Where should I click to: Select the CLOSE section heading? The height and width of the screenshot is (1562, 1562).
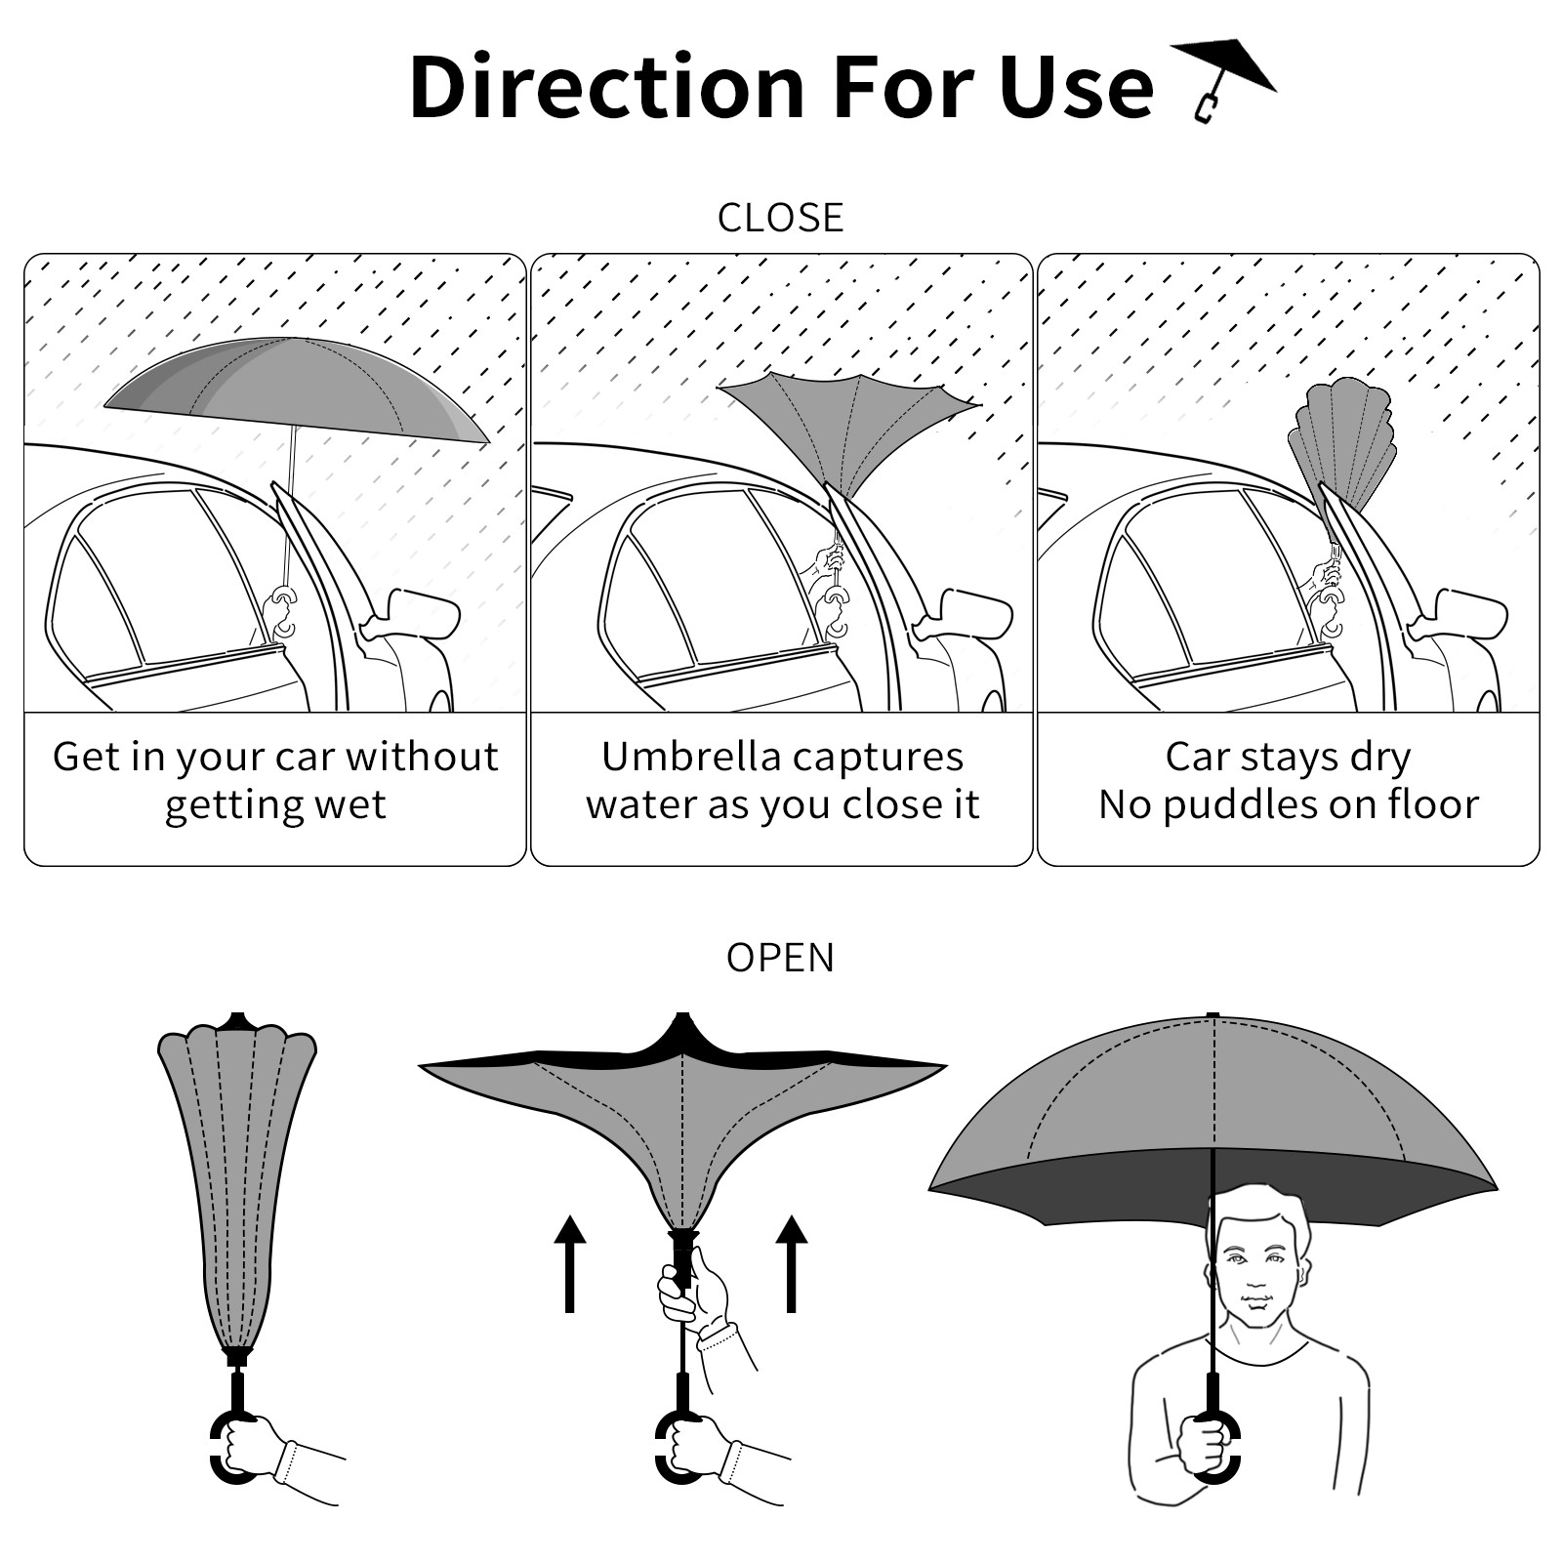[x=780, y=218]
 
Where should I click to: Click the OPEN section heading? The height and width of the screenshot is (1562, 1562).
[x=780, y=958]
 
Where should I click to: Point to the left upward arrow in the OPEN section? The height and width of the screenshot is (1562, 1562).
[x=570, y=1263]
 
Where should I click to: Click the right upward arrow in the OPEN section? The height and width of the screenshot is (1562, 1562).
[x=792, y=1263]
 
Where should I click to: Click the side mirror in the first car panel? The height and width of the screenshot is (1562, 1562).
[x=415, y=613]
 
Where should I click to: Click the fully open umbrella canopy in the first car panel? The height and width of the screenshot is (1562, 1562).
[x=296, y=388]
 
